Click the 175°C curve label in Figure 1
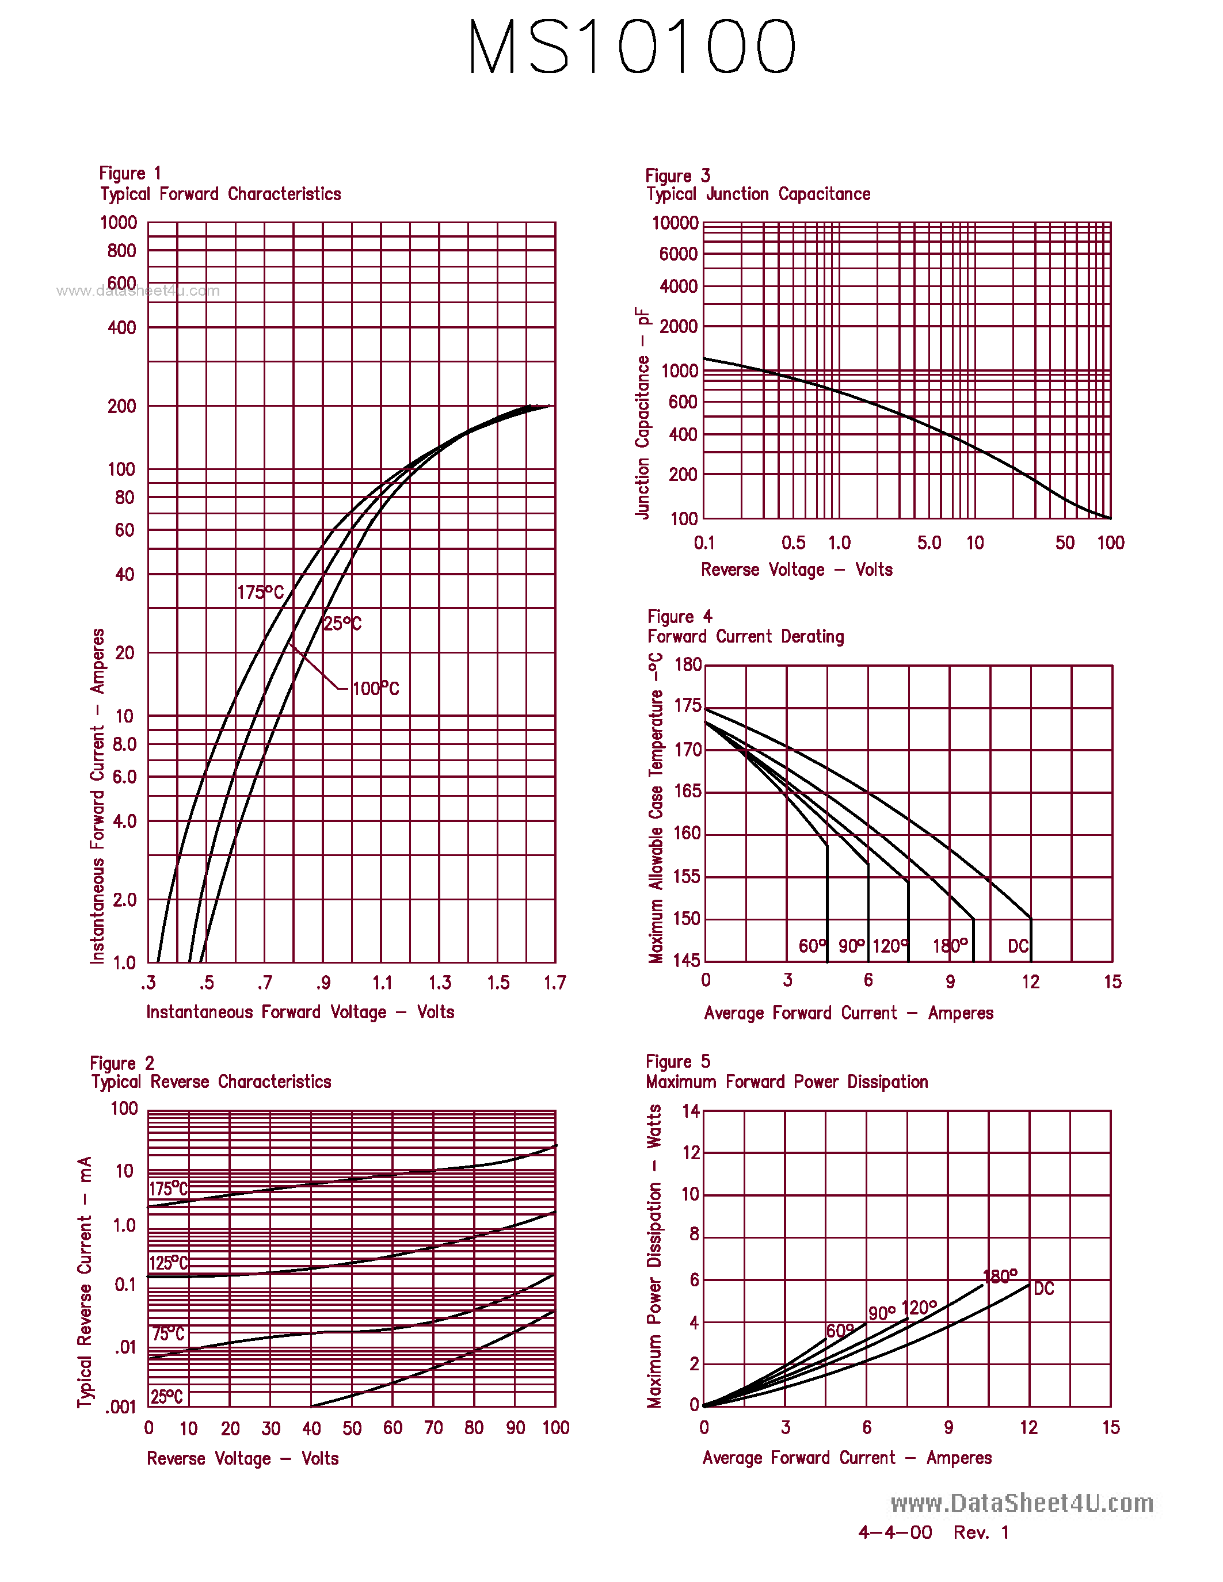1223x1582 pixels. (x=260, y=593)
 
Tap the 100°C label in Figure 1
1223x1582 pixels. (x=375, y=688)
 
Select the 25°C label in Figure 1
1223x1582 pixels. (x=342, y=624)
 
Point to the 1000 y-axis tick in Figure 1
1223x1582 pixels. (x=118, y=223)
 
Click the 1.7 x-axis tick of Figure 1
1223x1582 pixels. (x=555, y=983)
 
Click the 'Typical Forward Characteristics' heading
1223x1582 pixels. (x=220, y=194)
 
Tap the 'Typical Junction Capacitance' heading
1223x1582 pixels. (x=758, y=194)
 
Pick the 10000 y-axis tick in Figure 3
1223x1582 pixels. (x=675, y=223)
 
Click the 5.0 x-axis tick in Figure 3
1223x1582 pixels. (x=929, y=542)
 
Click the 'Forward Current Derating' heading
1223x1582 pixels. (x=745, y=637)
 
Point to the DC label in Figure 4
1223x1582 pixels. (x=1018, y=946)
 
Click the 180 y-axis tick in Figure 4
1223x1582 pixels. (x=688, y=665)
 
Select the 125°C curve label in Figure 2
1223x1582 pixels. (x=169, y=1263)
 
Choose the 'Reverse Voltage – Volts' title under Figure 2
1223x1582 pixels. (x=243, y=1458)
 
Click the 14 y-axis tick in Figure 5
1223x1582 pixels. (x=691, y=1110)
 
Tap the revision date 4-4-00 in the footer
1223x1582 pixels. (x=895, y=1532)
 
